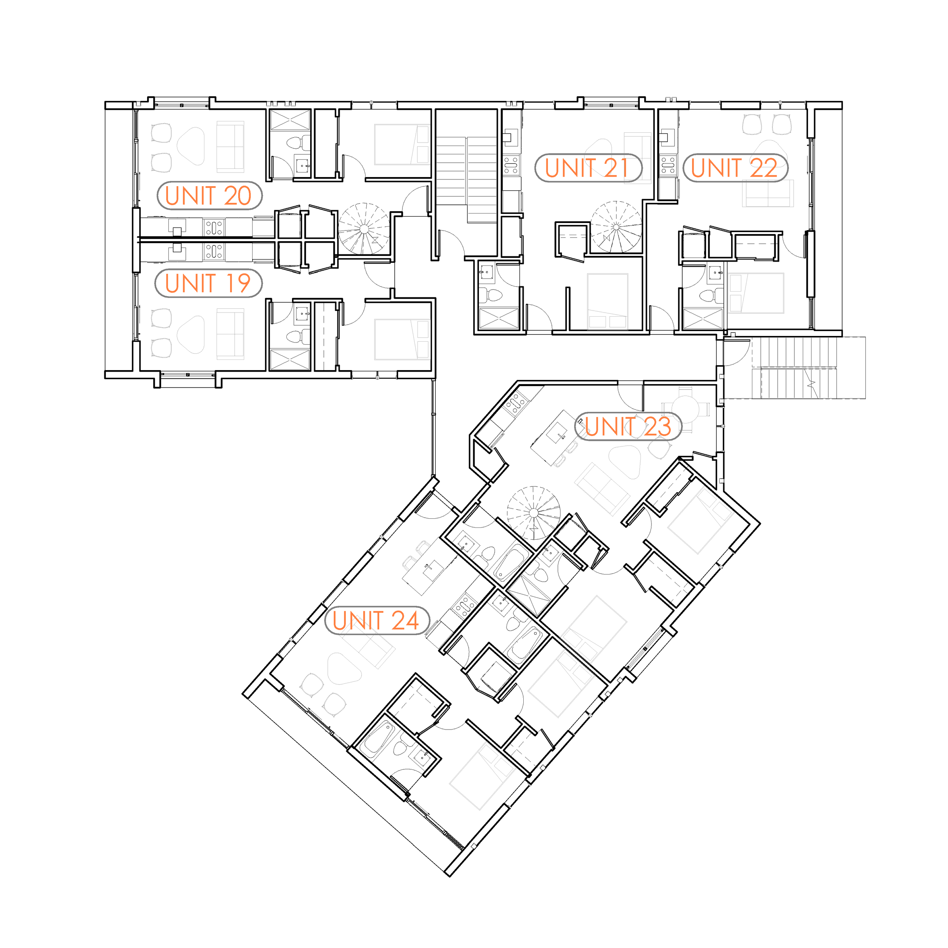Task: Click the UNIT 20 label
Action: pyautogui.click(x=210, y=196)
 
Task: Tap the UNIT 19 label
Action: pyautogui.click(x=209, y=283)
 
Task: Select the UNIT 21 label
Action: pyautogui.click(x=588, y=168)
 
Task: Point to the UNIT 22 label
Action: pyautogui.click(x=735, y=168)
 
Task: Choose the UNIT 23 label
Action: pyautogui.click(x=628, y=426)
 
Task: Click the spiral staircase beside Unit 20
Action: pyautogui.click(x=364, y=229)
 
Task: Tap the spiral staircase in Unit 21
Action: pyautogui.click(x=616, y=226)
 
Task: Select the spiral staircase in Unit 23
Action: pyautogui.click(x=534, y=512)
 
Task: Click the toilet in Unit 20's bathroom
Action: pyautogui.click(x=294, y=143)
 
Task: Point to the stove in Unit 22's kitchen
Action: pyautogui.click(x=668, y=165)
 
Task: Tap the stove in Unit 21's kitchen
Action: pyautogui.click(x=511, y=165)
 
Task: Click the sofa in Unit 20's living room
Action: pyautogui.click(x=230, y=147)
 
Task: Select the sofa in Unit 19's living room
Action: pyautogui.click(x=230, y=334)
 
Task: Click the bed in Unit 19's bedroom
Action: pyautogui.click(x=401, y=339)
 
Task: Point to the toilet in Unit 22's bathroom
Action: pyautogui.click(x=707, y=295)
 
